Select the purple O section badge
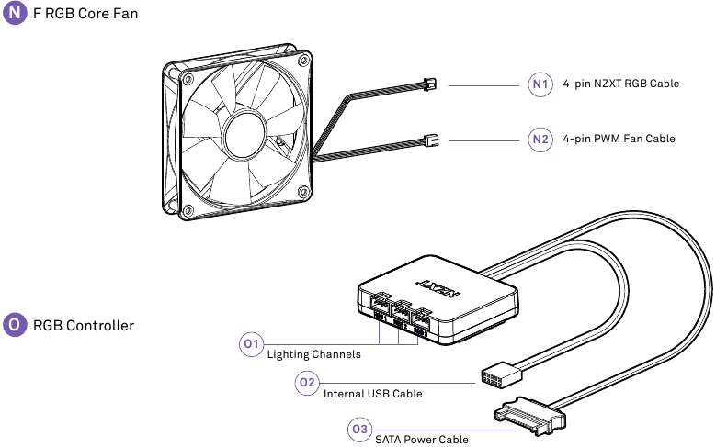coord(16,325)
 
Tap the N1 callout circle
coord(540,84)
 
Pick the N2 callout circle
coord(540,140)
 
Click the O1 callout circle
coord(252,344)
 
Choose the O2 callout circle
coord(307,383)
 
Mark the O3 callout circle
coord(359,429)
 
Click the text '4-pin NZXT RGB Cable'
coord(620,84)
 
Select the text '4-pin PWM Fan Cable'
coord(619,140)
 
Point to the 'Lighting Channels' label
coord(313,354)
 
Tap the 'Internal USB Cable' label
coord(373,394)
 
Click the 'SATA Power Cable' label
coord(421,440)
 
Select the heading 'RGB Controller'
coord(84,325)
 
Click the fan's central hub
coord(244,131)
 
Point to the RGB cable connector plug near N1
coord(428,84)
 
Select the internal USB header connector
coord(500,375)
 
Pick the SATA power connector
coord(530,418)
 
